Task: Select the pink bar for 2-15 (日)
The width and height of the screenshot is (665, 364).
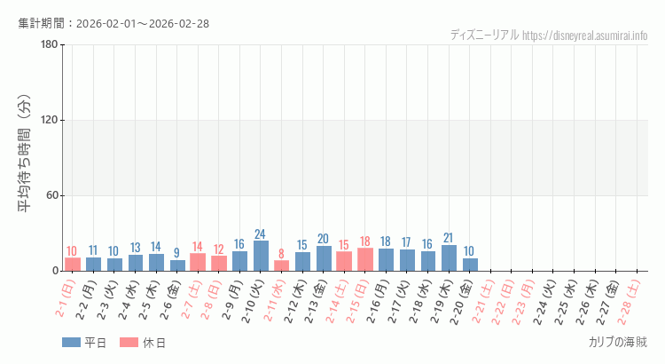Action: (365, 259)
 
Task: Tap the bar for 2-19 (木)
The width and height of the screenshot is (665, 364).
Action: (449, 257)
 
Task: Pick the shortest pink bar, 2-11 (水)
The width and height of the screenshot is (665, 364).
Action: (281, 265)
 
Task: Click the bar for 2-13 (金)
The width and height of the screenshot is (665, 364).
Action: (324, 258)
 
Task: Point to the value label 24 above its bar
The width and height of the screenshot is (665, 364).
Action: (261, 234)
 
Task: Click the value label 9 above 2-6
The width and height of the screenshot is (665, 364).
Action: (177, 253)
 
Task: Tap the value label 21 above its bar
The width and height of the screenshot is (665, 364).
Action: (449, 238)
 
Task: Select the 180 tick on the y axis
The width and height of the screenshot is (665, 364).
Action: (49, 45)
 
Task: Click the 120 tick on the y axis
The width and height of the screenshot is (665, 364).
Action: (49, 121)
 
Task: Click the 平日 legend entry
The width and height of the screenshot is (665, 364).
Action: (84, 343)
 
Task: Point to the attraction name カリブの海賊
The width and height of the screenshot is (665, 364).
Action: (617, 342)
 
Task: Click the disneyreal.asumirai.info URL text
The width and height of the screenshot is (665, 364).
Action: (585, 36)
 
